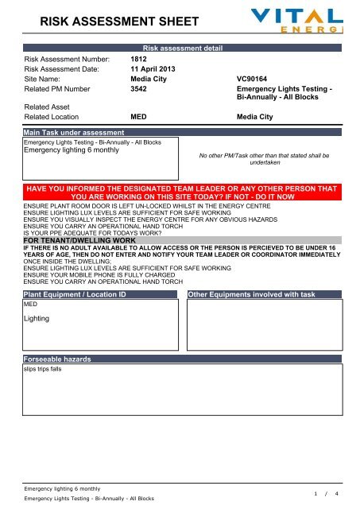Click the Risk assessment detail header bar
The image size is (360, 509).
[x=182, y=48]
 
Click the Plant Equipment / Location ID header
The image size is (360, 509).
[x=75, y=295]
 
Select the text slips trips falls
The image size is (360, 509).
[x=44, y=369]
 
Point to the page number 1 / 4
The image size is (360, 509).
[x=326, y=493]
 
